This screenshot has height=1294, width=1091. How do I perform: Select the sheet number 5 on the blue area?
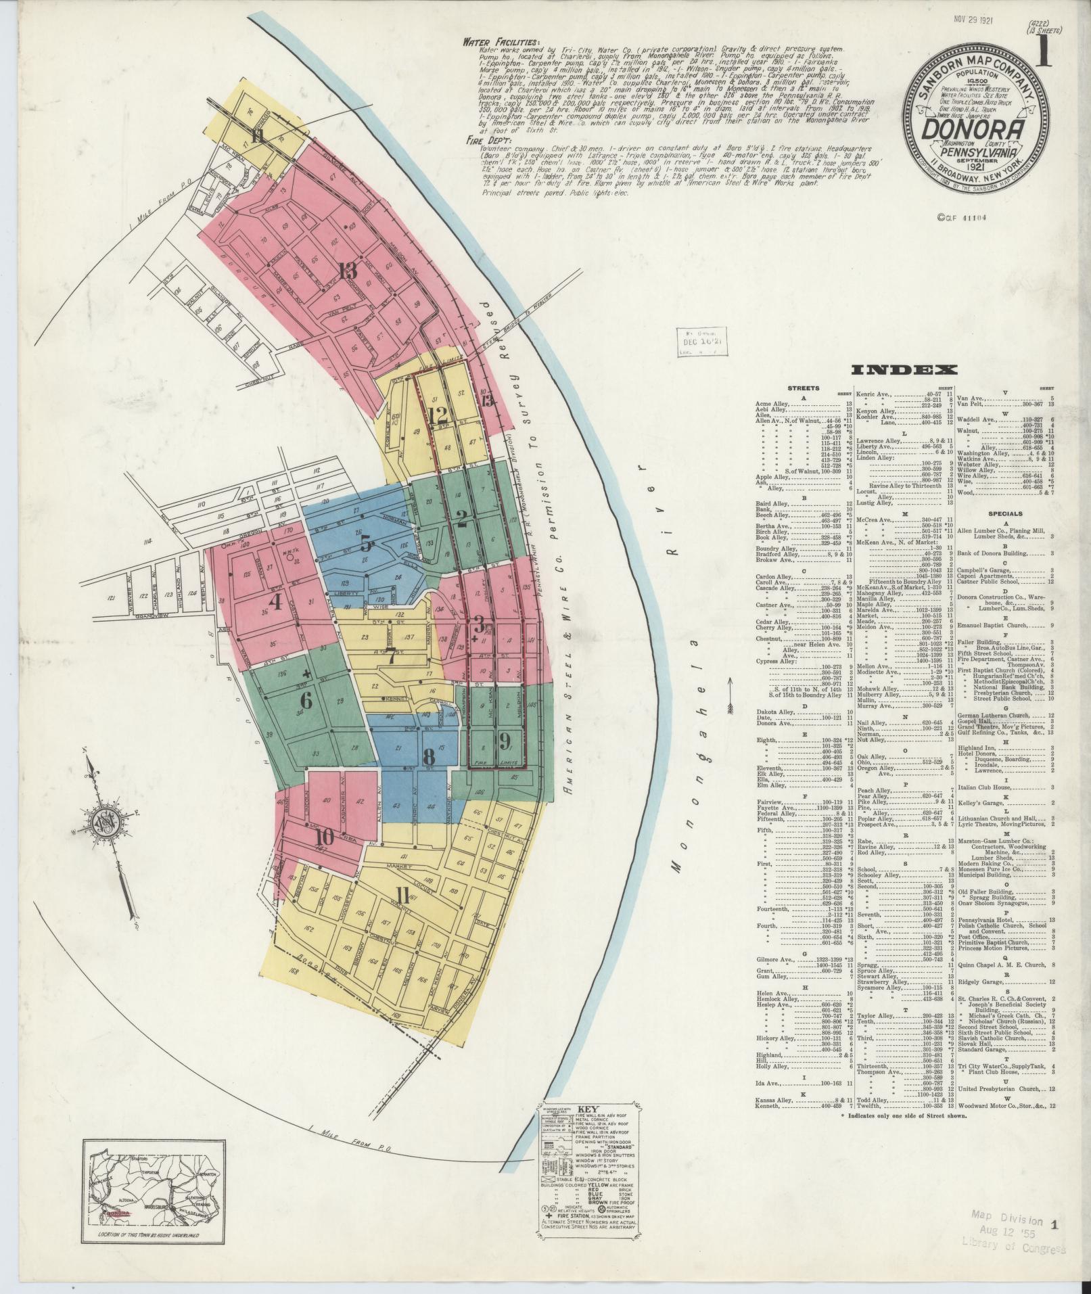coord(365,542)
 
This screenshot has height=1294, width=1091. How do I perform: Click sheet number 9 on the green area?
coord(505,740)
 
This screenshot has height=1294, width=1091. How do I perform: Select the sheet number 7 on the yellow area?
coord(391,655)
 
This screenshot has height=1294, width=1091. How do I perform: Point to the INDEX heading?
coord(904,369)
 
